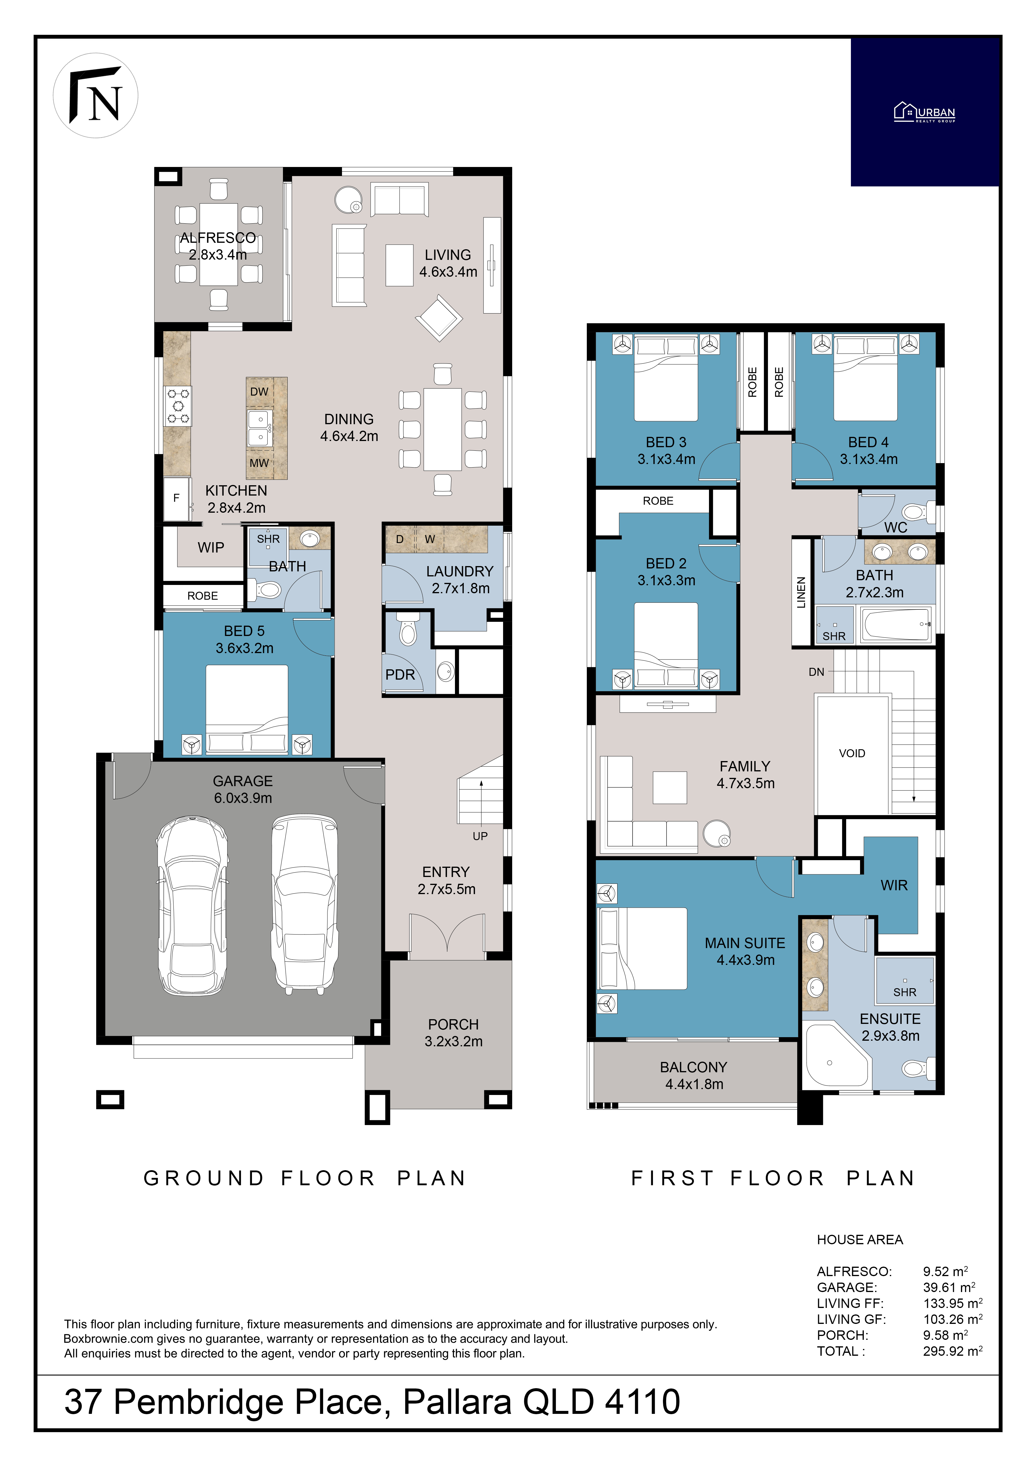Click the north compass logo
tap(96, 96)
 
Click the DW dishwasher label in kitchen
tap(259, 391)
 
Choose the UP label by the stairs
tap(480, 836)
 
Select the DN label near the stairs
tap(816, 671)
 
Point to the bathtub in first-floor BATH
tap(896, 625)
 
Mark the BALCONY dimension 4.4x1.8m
tap(695, 1084)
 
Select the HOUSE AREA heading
tap(860, 1240)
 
